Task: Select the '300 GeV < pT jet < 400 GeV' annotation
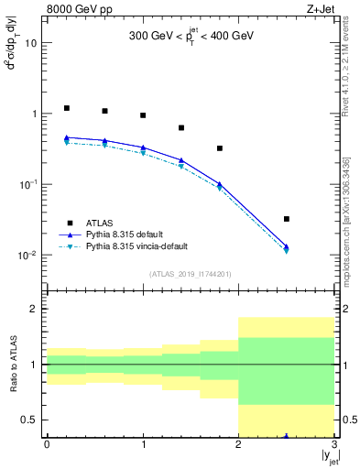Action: [x=190, y=38]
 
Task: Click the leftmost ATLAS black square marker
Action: [x=66, y=108]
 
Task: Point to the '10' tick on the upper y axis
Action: [x=30, y=43]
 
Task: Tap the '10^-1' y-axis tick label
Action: [x=27, y=184]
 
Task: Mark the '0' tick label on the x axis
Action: [x=47, y=444]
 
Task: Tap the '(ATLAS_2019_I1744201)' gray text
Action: [x=190, y=274]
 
